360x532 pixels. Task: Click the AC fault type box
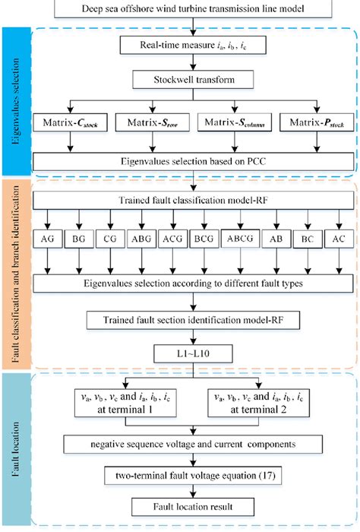click(x=337, y=237)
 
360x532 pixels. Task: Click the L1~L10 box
click(x=196, y=353)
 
